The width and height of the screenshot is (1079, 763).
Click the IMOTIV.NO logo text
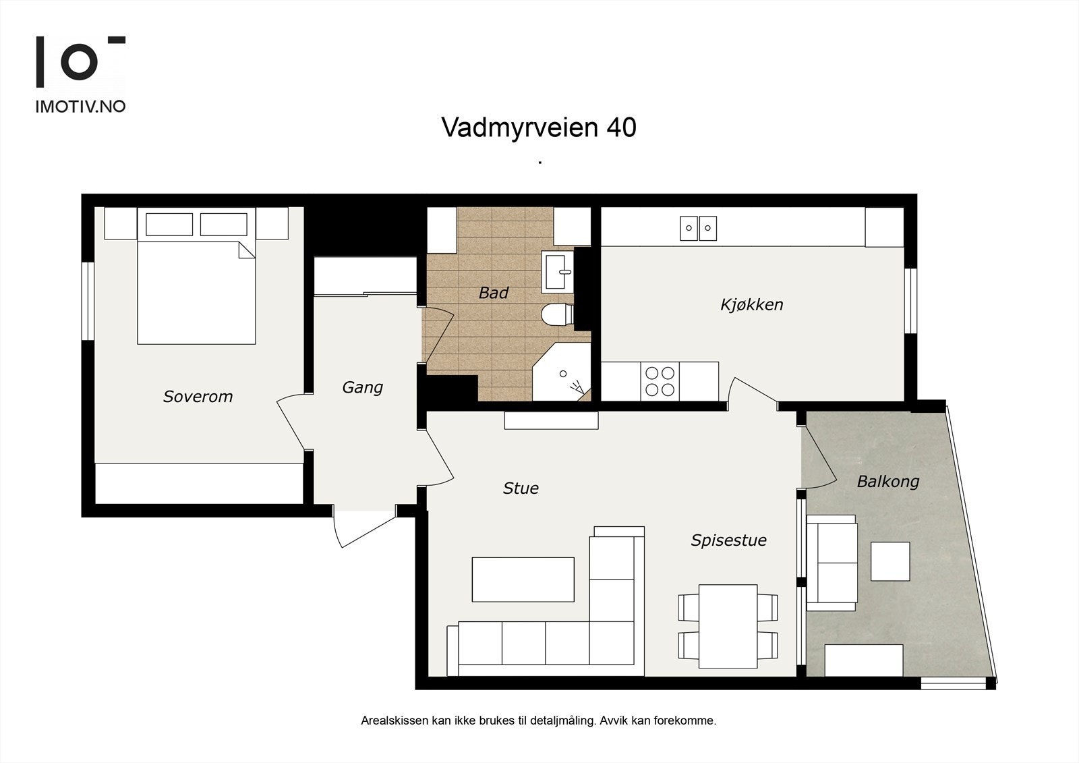coord(80,107)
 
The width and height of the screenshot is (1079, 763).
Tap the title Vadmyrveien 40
coord(539,128)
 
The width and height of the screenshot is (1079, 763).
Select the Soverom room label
coord(198,396)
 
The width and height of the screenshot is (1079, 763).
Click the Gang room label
coord(363,387)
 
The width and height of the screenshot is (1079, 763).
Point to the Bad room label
coord(493,293)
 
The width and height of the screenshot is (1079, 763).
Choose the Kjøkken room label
coord(752,305)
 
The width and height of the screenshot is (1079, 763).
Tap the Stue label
coord(521,488)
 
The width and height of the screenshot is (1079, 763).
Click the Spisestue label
coord(729,540)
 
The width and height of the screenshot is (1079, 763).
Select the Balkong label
coord(888,482)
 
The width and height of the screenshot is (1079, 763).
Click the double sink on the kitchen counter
coord(698,229)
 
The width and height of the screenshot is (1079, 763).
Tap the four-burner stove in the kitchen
coord(660,381)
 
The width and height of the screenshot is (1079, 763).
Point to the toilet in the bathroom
coord(557,314)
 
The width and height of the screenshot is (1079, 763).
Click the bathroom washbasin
coord(557,271)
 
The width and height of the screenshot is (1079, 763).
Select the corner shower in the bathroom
coord(562,372)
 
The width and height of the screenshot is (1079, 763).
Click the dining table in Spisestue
coord(728,626)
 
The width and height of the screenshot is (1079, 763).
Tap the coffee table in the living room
coord(523,580)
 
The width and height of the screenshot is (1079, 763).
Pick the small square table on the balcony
coord(890,561)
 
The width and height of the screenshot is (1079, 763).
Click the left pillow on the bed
coord(169,225)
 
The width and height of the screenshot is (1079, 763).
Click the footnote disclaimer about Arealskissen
coord(539,720)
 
